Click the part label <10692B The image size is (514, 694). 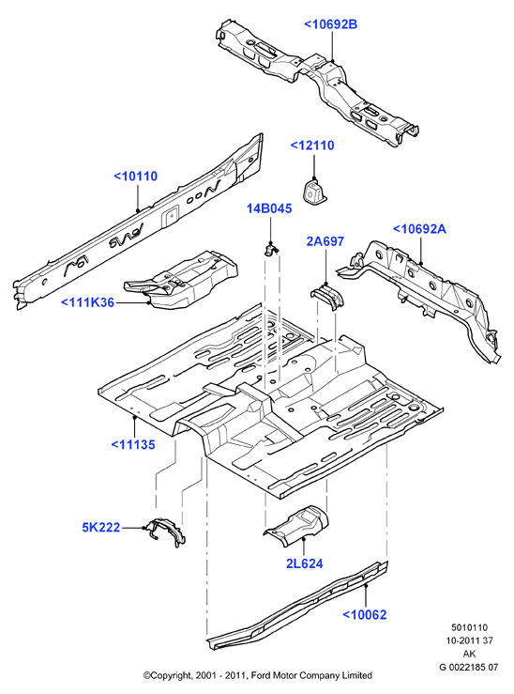tap(330, 24)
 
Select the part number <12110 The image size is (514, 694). tap(312, 146)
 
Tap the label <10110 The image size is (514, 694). tap(136, 177)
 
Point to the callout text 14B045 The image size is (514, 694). tap(269, 208)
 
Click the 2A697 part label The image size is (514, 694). tap(325, 241)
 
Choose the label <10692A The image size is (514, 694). tap(419, 229)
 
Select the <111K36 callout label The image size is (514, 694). tap(87, 302)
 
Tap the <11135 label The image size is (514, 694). tap(133, 444)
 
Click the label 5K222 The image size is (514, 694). tap(101, 528)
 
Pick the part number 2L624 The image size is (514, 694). tap(305, 563)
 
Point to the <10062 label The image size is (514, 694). tap(365, 614)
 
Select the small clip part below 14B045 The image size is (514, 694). tap(271, 249)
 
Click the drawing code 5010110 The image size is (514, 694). tap(469, 627)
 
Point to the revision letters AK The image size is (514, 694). tap(469, 654)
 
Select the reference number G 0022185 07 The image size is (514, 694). tap(469, 667)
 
